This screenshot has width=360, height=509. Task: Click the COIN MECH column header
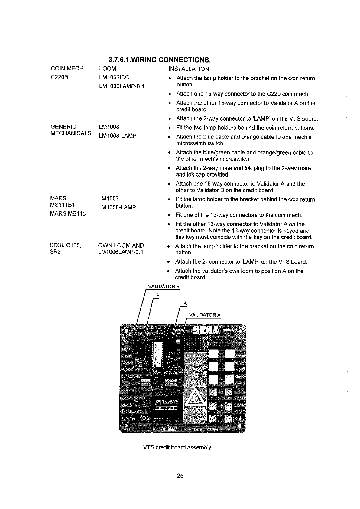point(67,69)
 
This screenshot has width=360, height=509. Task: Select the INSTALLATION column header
point(189,69)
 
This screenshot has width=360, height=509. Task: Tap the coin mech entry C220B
point(60,77)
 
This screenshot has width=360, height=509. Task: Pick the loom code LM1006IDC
point(114,77)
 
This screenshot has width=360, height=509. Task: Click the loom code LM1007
point(108,199)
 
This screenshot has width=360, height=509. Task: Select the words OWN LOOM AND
point(121,245)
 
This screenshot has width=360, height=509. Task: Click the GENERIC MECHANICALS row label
point(71,130)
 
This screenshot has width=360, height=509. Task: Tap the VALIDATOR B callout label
point(164,287)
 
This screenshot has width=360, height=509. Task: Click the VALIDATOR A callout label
point(205,315)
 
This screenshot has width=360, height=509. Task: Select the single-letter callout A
point(185,303)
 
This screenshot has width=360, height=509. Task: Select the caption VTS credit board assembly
point(177,447)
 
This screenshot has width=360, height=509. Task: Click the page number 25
point(180,476)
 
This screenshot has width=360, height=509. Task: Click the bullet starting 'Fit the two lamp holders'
point(245,128)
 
